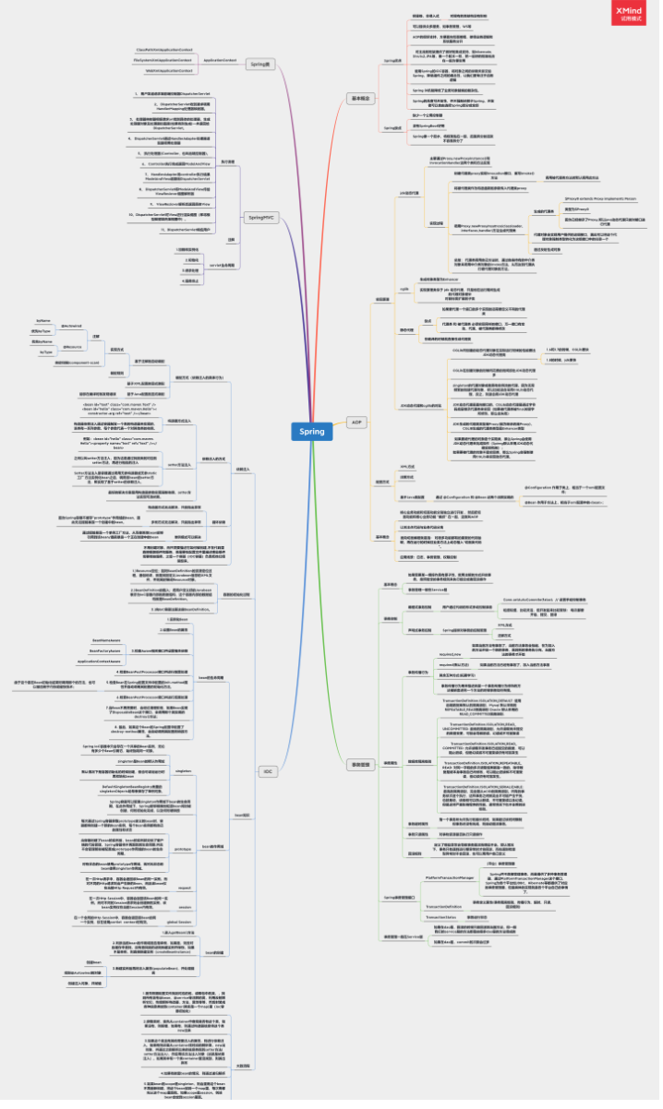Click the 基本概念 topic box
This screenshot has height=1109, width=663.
click(x=359, y=97)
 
